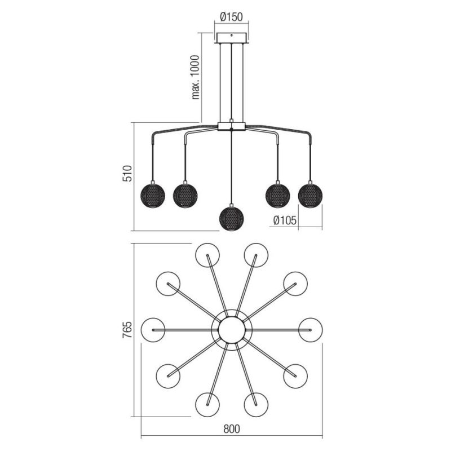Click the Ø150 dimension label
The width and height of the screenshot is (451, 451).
click(x=231, y=17)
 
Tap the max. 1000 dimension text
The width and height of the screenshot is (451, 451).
click(x=196, y=77)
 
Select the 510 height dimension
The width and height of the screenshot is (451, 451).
click(x=127, y=174)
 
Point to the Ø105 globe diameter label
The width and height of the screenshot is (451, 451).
click(x=285, y=220)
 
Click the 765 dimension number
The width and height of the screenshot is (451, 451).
click(x=127, y=330)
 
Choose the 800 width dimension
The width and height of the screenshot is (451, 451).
click(x=232, y=429)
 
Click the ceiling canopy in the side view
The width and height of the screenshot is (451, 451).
click(x=232, y=38)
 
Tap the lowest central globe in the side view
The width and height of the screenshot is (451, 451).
click(x=232, y=218)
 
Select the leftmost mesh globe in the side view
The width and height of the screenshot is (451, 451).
click(x=153, y=195)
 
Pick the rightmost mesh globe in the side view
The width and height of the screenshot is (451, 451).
click(x=311, y=195)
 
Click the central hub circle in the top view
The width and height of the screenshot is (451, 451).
click(x=232, y=330)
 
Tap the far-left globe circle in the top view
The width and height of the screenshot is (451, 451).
click(x=153, y=330)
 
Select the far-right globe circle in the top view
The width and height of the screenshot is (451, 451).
click(x=311, y=330)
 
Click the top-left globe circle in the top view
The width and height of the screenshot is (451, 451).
click(x=207, y=255)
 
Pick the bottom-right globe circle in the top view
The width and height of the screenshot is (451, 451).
click(x=256, y=404)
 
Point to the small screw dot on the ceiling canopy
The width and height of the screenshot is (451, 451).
click(x=232, y=36)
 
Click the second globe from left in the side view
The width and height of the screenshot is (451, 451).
click(x=185, y=195)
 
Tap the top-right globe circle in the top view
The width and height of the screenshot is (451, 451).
click(x=256, y=255)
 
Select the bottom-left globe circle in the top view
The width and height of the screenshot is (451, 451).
click(x=207, y=404)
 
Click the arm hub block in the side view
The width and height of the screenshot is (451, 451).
click(x=232, y=126)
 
